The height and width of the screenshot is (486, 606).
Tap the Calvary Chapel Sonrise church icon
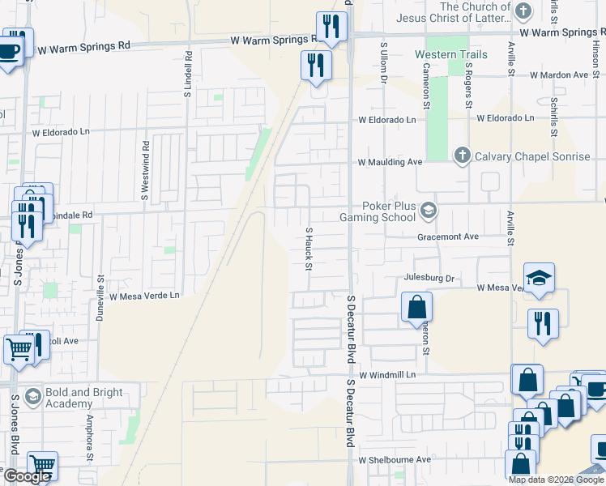[x=462, y=156]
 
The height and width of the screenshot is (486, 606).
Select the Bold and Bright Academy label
[x=84, y=397]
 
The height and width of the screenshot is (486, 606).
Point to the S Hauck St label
[x=309, y=249]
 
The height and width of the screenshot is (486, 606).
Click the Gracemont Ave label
[x=448, y=237]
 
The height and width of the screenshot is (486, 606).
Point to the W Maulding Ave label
[x=390, y=162]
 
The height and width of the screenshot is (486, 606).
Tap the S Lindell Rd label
[x=187, y=70]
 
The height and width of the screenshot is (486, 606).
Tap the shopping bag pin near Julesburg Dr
[x=416, y=308]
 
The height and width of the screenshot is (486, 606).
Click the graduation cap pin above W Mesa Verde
[x=540, y=279]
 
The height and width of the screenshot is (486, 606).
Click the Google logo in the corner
[x=27, y=475]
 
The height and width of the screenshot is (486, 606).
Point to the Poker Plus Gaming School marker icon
[x=428, y=211]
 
